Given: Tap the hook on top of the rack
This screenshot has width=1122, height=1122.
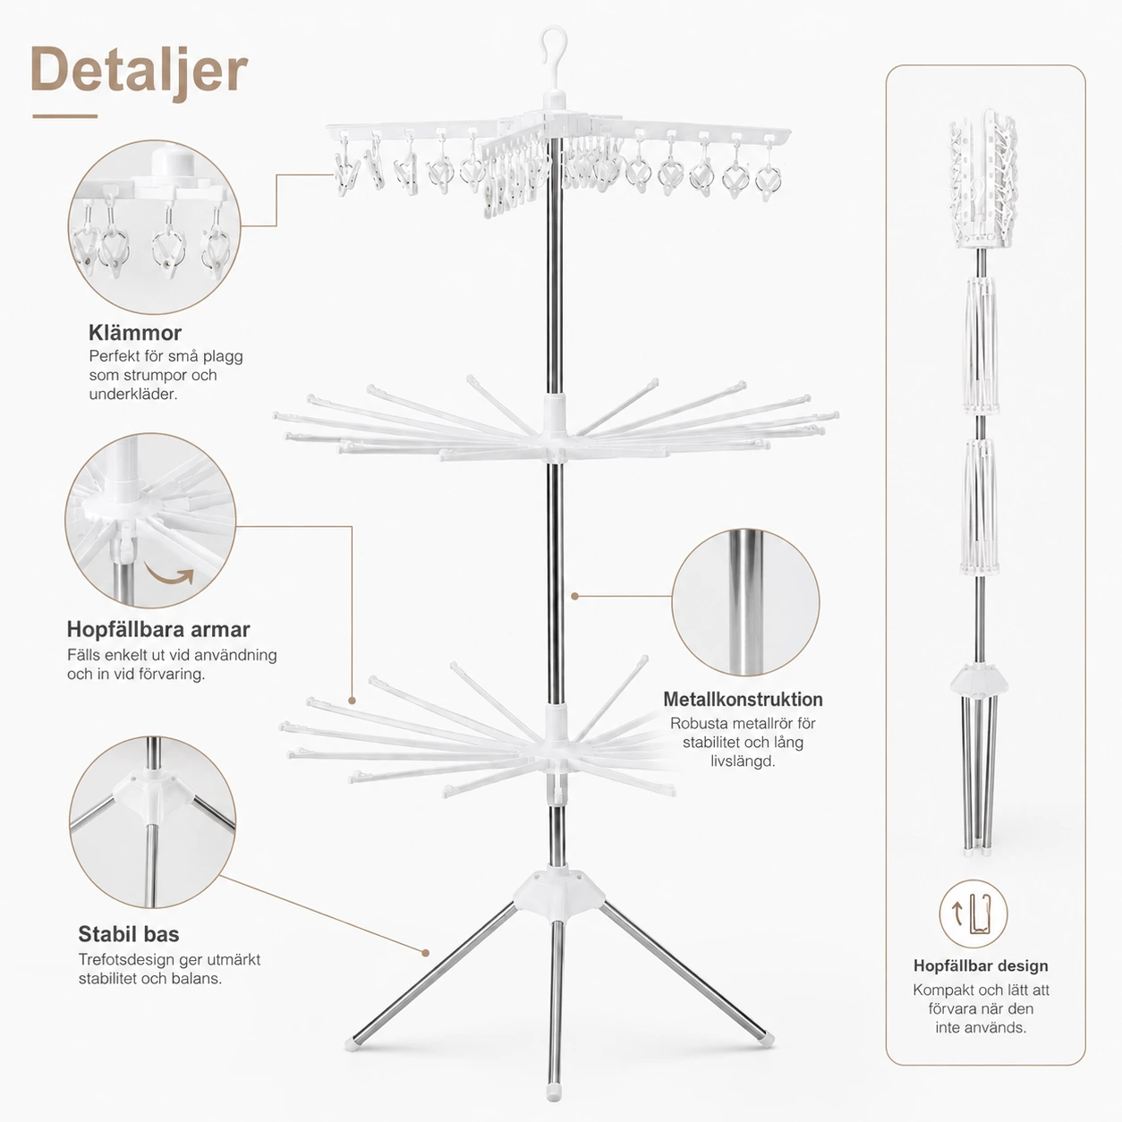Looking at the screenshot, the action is pos(552,44).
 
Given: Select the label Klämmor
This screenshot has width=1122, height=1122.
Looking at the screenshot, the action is pos(135,333).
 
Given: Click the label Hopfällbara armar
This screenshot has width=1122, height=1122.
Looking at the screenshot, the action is pos(158,629).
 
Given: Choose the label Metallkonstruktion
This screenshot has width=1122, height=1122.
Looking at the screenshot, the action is pos(743,700).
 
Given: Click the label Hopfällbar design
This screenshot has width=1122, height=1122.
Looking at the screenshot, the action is pos(981,966).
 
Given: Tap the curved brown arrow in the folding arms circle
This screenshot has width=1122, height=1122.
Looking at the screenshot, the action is pos(169,574).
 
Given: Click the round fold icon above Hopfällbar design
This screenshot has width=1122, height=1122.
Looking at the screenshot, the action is pos(973,913).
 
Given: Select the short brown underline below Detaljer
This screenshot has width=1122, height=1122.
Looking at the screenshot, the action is pos(64,115).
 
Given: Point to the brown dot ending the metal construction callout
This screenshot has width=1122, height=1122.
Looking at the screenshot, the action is pos(574,596).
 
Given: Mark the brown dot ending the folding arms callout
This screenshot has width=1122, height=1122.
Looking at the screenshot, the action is pos(352,701).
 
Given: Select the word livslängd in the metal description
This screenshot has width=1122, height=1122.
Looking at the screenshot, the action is pos(743,761).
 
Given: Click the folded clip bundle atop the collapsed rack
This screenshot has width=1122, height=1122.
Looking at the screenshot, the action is pos(982,178).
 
